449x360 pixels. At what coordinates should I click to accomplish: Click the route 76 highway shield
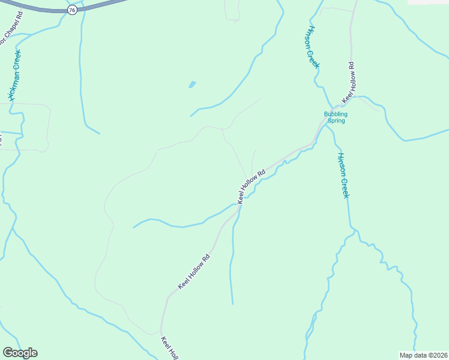click(x=72, y=10)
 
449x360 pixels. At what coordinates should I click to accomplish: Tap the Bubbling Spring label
click(x=336, y=117)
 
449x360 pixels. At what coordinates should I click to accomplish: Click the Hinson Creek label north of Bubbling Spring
click(x=312, y=47)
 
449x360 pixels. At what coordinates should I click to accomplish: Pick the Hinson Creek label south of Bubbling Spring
click(x=343, y=175)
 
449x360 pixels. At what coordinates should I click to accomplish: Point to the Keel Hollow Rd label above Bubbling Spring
click(x=349, y=82)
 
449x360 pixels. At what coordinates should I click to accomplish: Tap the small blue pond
click(x=192, y=85)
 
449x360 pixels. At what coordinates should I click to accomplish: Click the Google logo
click(x=20, y=353)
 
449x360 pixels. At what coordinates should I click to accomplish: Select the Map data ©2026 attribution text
click(x=424, y=355)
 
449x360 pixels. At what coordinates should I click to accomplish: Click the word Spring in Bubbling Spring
click(x=336, y=121)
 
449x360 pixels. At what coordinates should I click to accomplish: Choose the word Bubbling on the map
click(x=336, y=113)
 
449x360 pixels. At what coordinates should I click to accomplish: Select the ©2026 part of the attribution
click(x=437, y=355)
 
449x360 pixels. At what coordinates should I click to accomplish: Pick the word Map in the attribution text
click(x=406, y=355)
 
